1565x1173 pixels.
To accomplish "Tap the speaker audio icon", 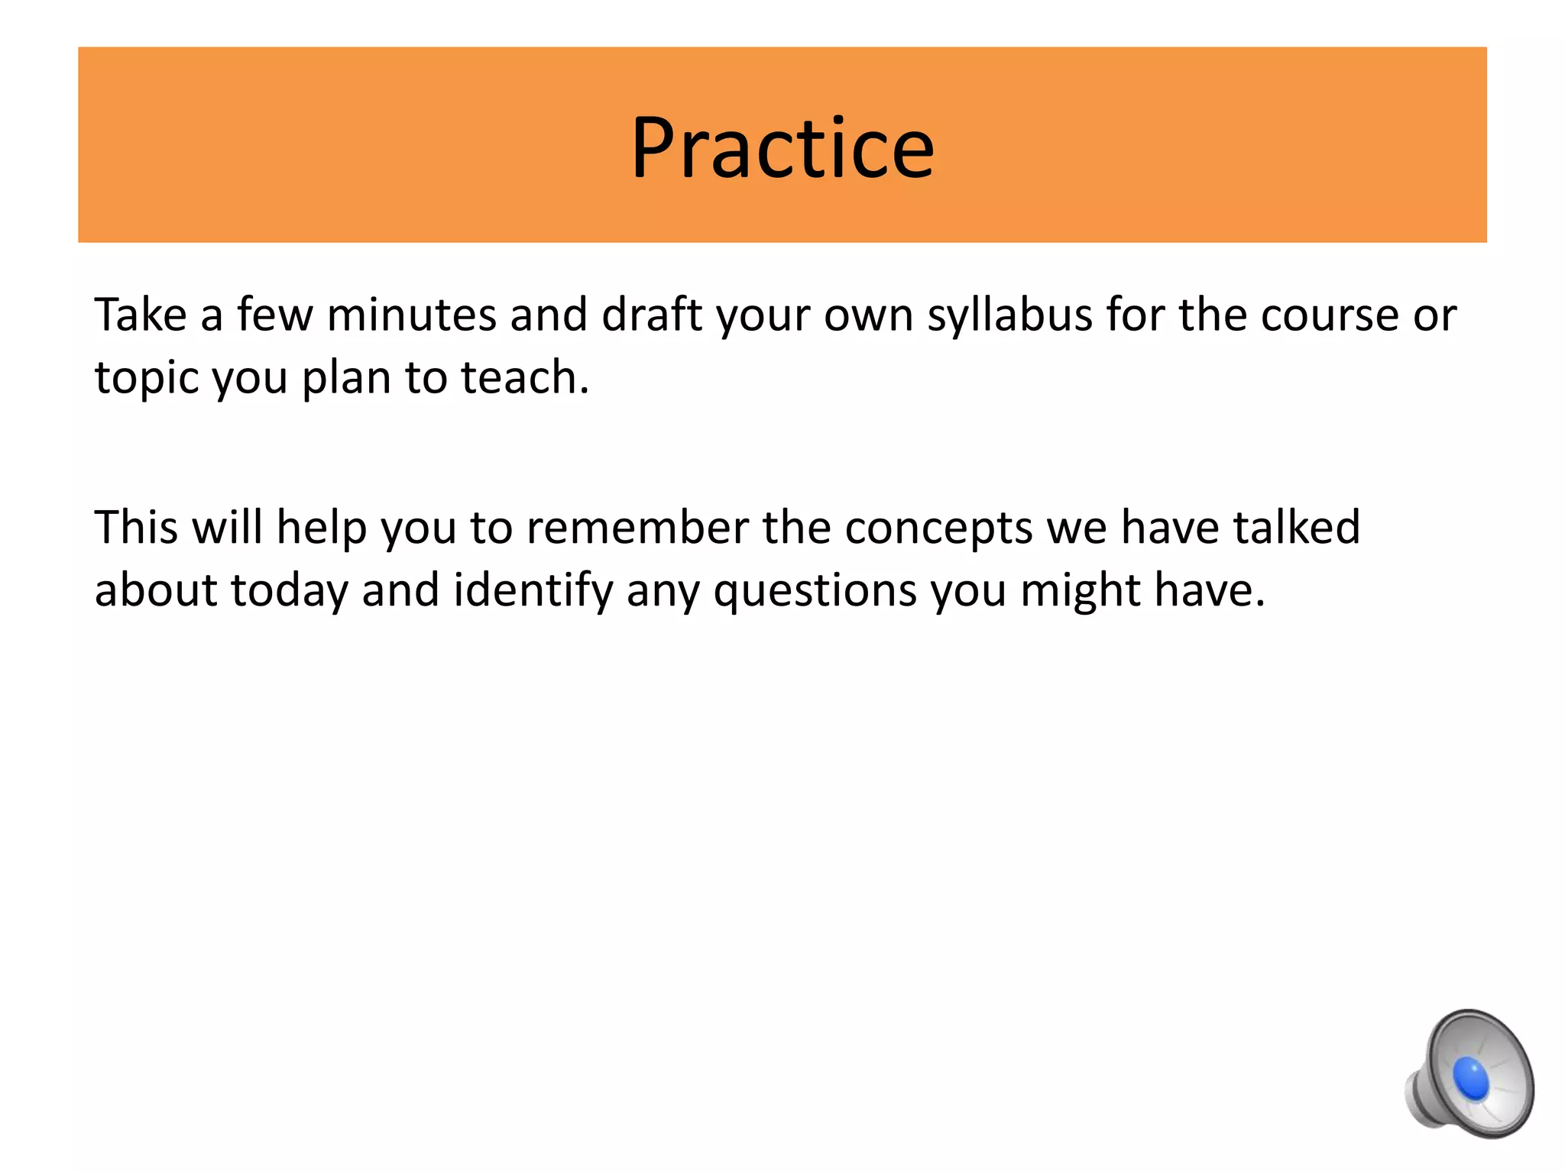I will (1469, 1072).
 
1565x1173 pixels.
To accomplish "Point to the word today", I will (290, 591).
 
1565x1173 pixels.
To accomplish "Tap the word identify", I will (533, 591).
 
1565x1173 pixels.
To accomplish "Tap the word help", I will (321, 528).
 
